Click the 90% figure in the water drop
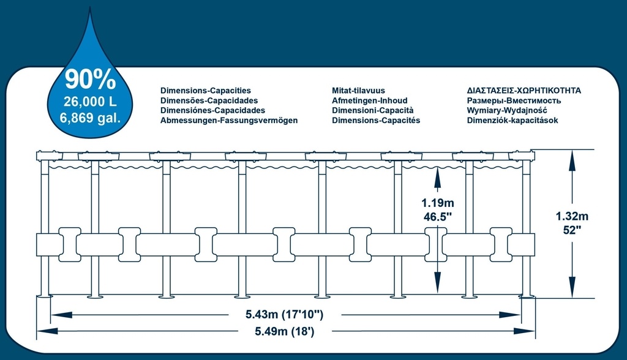[91, 79]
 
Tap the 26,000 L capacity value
[91, 102]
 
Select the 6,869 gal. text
[91, 118]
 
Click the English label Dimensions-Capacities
[206, 91]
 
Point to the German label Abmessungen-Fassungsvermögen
[229, 121]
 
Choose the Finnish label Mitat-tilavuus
[358, 91]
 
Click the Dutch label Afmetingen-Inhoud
[369, 100]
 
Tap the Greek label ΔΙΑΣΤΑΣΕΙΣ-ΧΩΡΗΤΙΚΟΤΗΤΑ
[524, 91]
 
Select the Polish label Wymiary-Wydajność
[507, 110]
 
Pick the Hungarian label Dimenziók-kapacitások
[512, 121]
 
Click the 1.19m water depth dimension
[437, 203]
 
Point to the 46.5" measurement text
[437, 217]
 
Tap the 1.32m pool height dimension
[572, 216]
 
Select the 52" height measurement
[572, 230]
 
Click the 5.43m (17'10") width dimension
[284, 315]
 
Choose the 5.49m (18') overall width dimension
[284, 331]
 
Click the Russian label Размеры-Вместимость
[514, 101]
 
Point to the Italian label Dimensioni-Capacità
[373, 110]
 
